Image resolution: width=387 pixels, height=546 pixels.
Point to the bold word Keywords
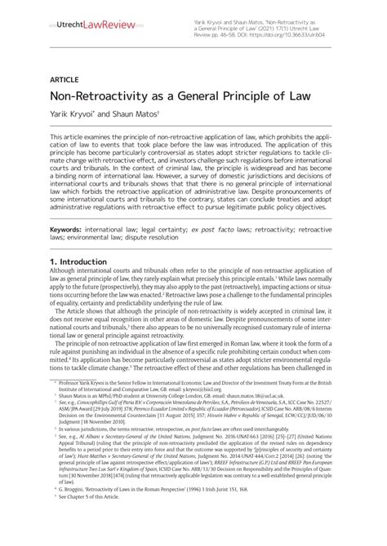click(70, 231)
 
